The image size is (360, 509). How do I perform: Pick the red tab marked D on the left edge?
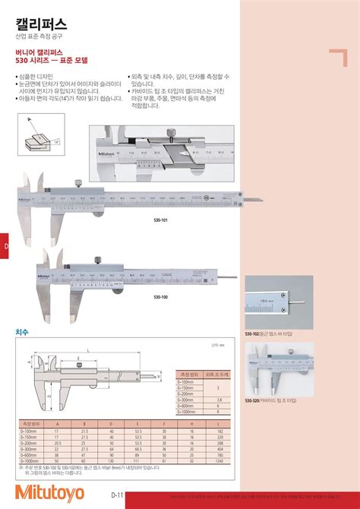[5, 248]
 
